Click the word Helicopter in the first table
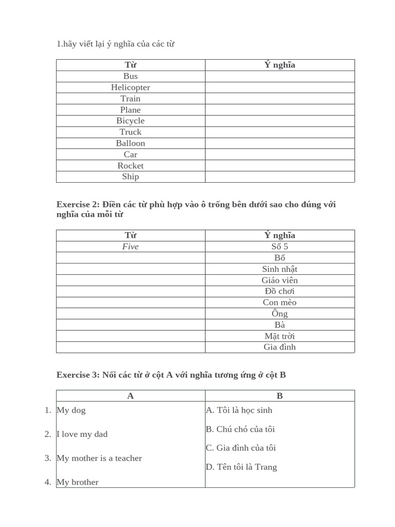pyautogui.click(x=131, y=87)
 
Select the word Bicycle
pyautogui.click(x=131, y=121)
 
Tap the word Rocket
pyautogui.click(x=131, y=166)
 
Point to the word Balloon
pyautogui.click(x=131, y=143)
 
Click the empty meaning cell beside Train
pyautogui.click(x=280, y=99)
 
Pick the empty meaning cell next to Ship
pyautogui.click(x=280, y=177)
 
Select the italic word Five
pyautogui.click(x=131, y=247)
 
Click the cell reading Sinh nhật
pyautogui.click(x=280, y=269)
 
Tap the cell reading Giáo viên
pyautogui.click(x=280, y=280)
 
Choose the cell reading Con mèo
pyautogui.click(x=280, y=303)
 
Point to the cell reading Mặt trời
pyautogui.click(x=280, y=336)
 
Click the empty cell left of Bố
pyautogui.click(x=131, y=258)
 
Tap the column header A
pyautogui.click(x=131, y=396)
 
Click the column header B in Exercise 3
pyautogui.click(x=280, y=396)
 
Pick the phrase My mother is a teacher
pyautogui.click(x=99, y=458)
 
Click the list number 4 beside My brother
pyautogui.click(x=48, y=482)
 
